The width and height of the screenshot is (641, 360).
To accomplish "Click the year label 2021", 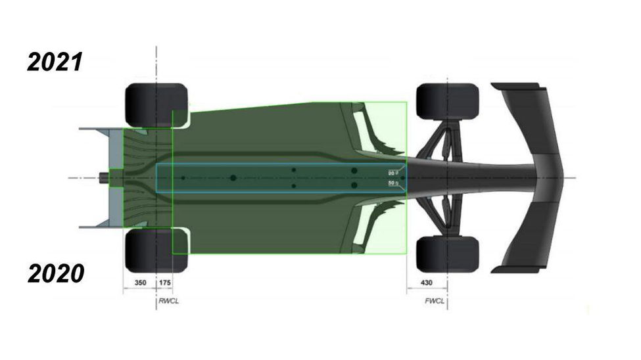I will coord(55,62).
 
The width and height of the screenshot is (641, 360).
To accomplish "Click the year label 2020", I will coord(55,274).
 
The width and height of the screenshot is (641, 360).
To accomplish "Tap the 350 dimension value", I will coord(139,282).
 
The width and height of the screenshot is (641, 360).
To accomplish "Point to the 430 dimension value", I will coord(426,282).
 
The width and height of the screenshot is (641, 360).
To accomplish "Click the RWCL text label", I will coord(168,302).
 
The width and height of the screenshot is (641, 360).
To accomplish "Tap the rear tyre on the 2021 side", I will coord(156,104).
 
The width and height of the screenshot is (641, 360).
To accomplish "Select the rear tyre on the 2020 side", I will coord(156,250).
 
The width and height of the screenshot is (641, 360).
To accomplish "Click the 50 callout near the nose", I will coord(392,183).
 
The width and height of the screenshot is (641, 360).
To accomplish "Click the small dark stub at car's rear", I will coord(104,177).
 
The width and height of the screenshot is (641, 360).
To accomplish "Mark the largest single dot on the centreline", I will coord(233,178).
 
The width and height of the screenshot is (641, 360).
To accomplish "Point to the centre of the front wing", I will coord(546,177).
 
